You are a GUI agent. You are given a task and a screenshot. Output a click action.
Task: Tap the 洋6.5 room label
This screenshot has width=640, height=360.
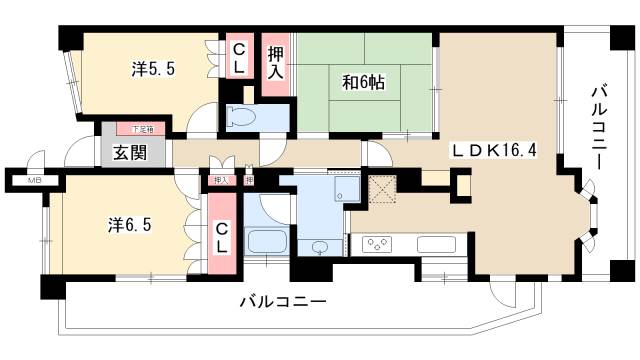pos(130,225)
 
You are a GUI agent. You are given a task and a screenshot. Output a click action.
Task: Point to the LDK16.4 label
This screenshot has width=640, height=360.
pos(495,150)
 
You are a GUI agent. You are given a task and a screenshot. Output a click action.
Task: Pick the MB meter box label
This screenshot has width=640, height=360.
pos(34,180)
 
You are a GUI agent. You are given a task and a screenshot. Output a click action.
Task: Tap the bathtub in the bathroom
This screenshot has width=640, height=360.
pos(266,243)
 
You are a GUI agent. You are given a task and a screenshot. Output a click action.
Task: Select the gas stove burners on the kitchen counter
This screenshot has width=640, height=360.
pos(380,243)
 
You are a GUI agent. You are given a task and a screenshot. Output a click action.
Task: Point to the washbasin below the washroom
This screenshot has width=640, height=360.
pos(319,247)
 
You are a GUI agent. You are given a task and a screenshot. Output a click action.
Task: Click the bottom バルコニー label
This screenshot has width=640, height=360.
pos(283,301)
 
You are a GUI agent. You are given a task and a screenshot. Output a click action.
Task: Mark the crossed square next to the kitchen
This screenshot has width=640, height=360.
pos(383,189)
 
